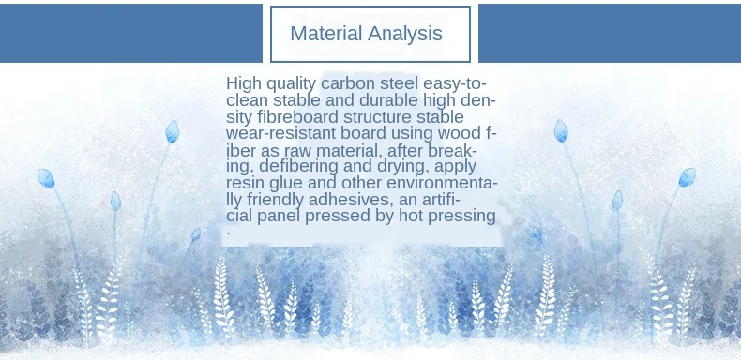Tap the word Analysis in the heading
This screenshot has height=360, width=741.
click(x=405, y=34)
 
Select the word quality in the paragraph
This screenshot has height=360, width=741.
click(x=291, y=84)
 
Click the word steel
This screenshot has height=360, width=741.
click(x=400, y=83)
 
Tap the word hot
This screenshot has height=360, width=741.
click(x=411, y=216)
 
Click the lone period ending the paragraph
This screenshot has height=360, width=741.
click(x=229, y=232)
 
